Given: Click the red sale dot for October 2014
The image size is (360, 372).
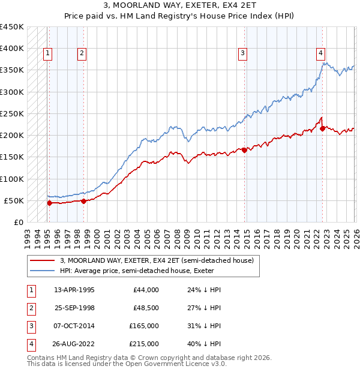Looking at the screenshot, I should [245, 151].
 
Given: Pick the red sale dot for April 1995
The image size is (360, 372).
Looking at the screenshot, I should [49, 203].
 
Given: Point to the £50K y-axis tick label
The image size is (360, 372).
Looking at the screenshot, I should [14, 200].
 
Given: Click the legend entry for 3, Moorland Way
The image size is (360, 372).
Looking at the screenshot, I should [157, 260].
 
